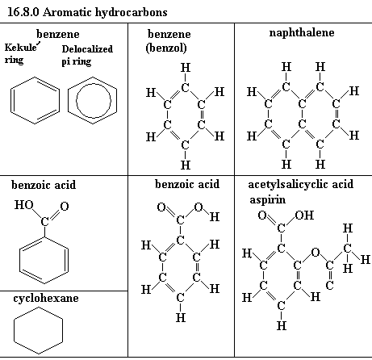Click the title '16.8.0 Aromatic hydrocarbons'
coord(87,12)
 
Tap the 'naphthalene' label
coord(302,33)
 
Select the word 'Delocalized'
coord(87,49)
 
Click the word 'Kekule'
coord(20,48)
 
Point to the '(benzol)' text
coord(166,48)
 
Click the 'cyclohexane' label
coord(46,299)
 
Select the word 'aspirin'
coord(267,200)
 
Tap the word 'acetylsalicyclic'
coord(288,185)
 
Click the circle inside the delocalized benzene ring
coord(94,84)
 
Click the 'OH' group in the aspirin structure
coord(304,216)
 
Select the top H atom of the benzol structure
coord(186,68)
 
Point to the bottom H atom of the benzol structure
coord(186,165)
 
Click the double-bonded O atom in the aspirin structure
coord(262,216)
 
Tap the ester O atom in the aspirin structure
coord(316,253)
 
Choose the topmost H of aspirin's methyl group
coord(348,228)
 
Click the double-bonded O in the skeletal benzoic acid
coord(65,207)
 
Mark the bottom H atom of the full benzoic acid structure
coord(181,318)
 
